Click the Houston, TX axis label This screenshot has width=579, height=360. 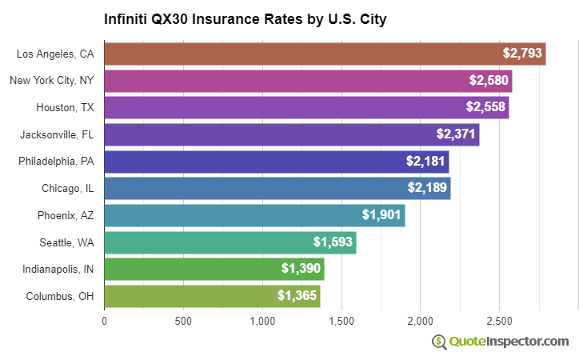65,107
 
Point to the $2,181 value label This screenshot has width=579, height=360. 426,162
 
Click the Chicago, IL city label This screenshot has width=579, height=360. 68,188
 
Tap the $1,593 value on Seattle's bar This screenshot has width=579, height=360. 333,242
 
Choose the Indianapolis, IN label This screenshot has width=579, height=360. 58,269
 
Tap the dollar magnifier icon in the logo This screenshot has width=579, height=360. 439,342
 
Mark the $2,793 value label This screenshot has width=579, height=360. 523,54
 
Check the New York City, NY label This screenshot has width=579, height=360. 51,80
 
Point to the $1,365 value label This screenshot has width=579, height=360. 297,296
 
